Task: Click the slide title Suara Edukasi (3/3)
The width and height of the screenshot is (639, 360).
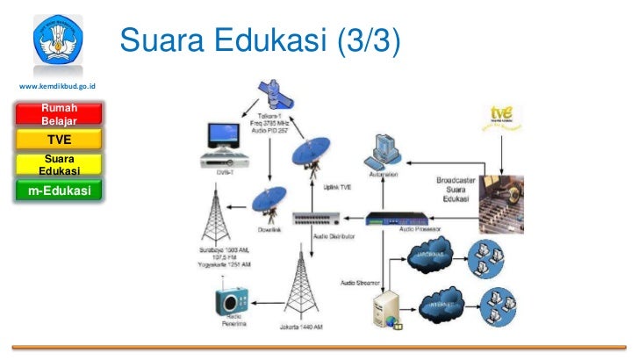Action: [x=260, y=39]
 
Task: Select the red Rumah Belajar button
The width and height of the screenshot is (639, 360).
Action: [x=59, y=113]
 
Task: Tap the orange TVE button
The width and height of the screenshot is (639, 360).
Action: [x=59, y=139]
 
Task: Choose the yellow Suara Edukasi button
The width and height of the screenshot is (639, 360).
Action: [x=59, y=164]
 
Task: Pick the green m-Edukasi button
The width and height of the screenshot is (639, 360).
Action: [x=59, y=189]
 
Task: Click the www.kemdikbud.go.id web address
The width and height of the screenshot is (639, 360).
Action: [x=57, y=86]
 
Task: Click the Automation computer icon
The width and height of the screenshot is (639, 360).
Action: [x=384, y=152]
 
